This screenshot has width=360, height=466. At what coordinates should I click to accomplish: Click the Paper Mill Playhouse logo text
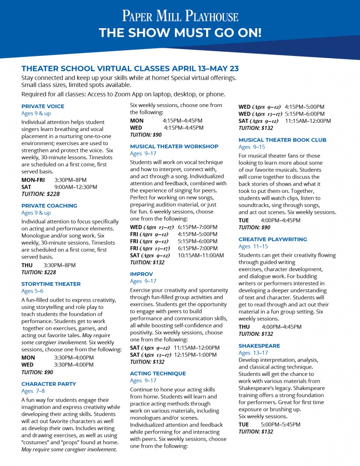pos(180,17)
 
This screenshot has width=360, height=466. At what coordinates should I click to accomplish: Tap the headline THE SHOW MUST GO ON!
pos(180,33)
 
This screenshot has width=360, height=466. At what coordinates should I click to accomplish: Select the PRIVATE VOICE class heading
pos(43,106)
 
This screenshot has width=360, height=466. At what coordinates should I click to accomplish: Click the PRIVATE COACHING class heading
pos(49,206)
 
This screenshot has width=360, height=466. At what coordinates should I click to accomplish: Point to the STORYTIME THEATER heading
pos(51,284)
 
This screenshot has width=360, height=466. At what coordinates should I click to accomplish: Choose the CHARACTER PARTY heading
pos(49,384)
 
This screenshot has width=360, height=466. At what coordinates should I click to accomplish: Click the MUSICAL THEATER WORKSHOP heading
pos(174,147)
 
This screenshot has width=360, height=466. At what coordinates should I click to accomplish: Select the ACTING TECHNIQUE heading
pos(158,373)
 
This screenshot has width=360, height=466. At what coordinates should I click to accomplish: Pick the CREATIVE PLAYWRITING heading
pos(273,239)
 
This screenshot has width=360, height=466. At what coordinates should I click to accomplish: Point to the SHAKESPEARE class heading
pos(259,346)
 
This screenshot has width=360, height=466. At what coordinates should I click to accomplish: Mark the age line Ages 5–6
pos(32,291)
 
